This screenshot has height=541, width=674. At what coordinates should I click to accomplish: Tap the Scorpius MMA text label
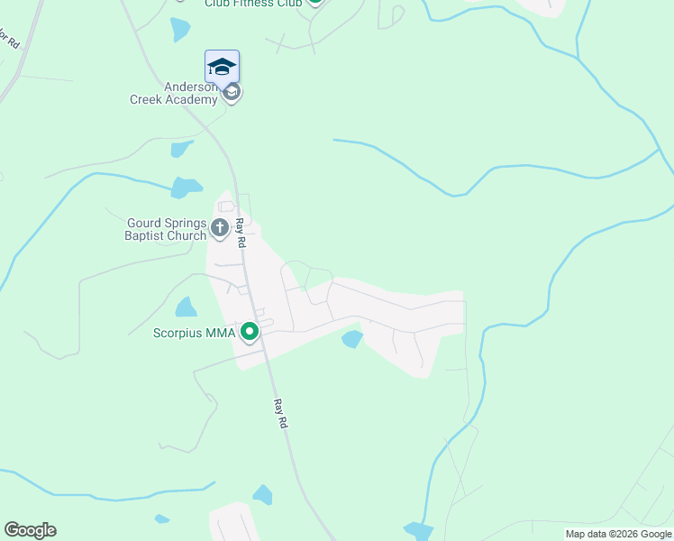pos(194,333)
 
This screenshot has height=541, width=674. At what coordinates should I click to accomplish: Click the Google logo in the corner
pos(30,530)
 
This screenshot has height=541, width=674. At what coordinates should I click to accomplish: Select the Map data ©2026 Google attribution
pos(618,534)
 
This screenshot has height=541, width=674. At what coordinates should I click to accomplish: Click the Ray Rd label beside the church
pos(241,233)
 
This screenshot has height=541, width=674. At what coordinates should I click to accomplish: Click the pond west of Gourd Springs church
pos(187,188)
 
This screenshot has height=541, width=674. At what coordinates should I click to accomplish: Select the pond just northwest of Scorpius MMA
pos(187,307)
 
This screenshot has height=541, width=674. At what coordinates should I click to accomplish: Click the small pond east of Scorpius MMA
pos(351,339)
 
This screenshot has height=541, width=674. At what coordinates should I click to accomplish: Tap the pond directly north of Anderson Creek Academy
pos(180,29)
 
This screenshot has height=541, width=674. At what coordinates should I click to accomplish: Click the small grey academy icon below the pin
pos(232,93)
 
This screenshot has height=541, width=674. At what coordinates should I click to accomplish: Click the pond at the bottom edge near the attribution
pos(417,531)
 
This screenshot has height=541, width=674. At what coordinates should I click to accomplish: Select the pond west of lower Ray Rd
pos(262,494)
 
